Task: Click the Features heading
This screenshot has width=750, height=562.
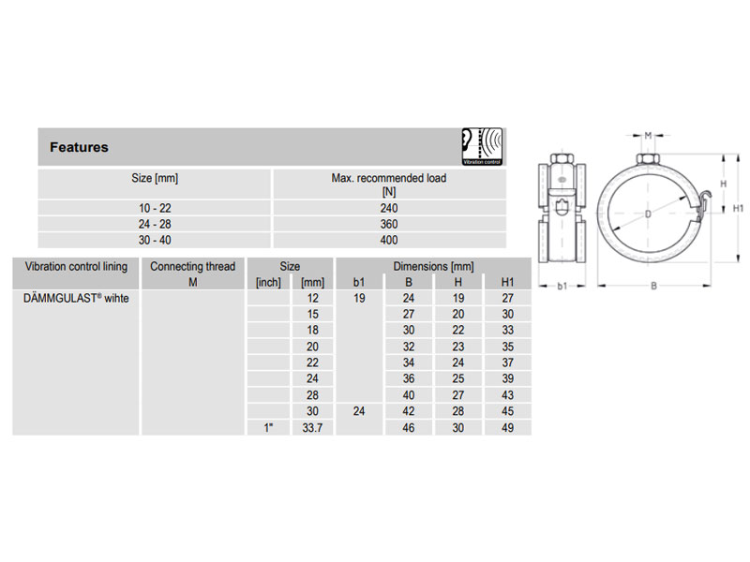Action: (x=79, y=147)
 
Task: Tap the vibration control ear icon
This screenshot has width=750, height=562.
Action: (x=483, y=147)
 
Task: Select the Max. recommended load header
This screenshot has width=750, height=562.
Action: (x=389, y=183)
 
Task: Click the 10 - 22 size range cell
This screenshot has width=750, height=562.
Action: (x=154, y=208)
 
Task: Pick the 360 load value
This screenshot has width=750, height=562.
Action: (x=389, y=225)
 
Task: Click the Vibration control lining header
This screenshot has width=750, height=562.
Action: (x=76, y=267)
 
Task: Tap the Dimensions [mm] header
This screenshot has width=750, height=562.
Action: (x=433, y=267)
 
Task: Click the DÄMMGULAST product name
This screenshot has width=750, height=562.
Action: (x=70, y=298)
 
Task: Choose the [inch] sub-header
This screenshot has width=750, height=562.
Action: (x=269, y=282)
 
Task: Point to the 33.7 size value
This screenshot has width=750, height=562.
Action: (x=312, y=427)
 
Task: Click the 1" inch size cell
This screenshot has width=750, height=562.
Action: (x=269, y=427)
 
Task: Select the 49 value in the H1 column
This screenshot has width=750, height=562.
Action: (x=507, y=427)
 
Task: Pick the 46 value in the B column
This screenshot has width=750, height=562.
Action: (x=409, y=427)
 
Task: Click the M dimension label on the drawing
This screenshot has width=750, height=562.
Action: (x=649, y=136)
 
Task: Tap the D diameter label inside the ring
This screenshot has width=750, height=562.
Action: (x=648, y=214)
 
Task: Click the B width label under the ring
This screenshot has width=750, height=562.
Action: (x=652, y=286)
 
